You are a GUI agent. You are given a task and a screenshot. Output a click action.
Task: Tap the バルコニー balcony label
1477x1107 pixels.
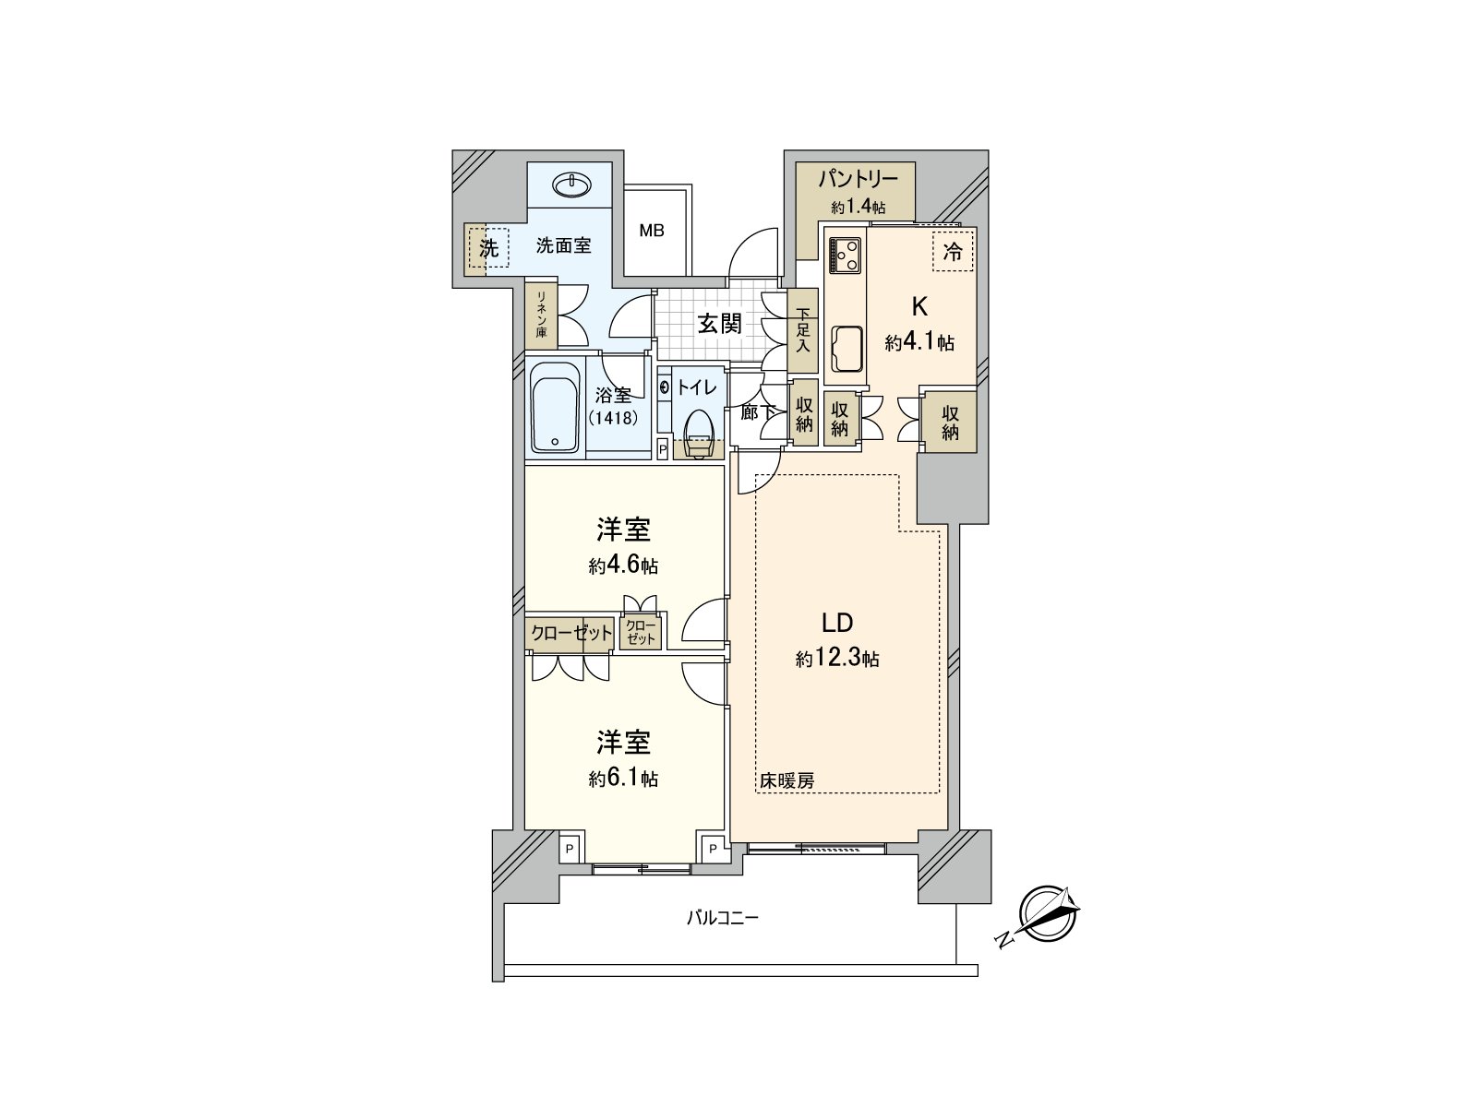(722, 918)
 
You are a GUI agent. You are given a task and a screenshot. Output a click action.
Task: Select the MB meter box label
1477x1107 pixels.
(652, 231)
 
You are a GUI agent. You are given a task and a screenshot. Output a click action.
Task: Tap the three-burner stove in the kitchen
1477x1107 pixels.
(846, 255)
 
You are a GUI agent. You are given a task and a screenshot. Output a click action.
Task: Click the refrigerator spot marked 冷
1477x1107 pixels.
(953, 251)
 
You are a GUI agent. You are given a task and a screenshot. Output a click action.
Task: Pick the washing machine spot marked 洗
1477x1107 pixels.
(488, 247)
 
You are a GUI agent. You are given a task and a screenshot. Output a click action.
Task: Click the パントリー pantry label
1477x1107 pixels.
(858, 179)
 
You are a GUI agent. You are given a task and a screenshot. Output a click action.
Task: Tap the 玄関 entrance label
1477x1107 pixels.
(719, 324)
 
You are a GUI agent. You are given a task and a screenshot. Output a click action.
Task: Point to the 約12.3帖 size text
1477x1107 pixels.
(837, 659)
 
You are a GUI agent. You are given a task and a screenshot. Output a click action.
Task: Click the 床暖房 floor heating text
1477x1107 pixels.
(787, 781)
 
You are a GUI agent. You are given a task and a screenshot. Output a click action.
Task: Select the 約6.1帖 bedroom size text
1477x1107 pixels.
(623, 779)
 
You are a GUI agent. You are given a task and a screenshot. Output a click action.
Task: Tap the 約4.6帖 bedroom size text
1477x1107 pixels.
(623, 565)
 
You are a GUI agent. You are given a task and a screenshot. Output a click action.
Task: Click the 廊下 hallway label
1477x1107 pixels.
(756, 412)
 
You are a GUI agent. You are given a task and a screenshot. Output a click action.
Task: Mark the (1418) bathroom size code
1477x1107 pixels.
(613, 417)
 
